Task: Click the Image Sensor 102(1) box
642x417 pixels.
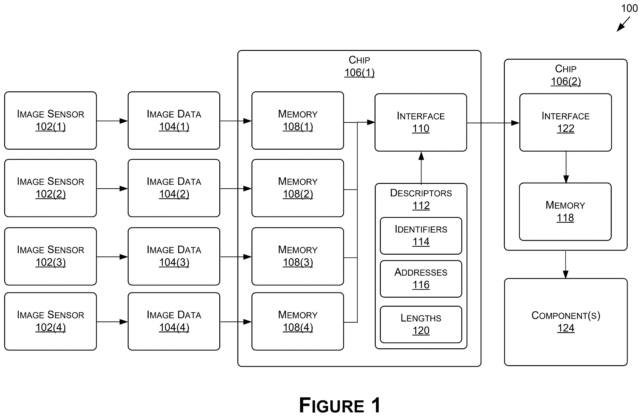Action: click(x=50, y=120)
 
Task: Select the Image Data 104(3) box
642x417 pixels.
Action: click(x=174, y=256)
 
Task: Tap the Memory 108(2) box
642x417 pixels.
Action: click(x=298, y=188)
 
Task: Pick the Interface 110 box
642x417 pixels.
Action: click(x=421, y=122)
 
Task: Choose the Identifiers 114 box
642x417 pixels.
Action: click(x=421, y=236)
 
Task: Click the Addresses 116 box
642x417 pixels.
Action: click(x=421, y=279)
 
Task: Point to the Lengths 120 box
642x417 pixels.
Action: click(x=421, y=324)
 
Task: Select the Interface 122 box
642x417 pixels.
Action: click(x=566, y=122)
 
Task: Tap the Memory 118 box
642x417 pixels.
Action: click(x=565, y=212)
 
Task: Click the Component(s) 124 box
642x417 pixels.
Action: click(x=566, y=322)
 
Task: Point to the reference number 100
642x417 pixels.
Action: click(x=629, y=8)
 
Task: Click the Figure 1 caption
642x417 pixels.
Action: click(x=340, y=405)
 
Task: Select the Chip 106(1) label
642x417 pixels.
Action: click(x=359, y=66)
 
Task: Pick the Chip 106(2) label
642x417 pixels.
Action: click(x=566, y=75)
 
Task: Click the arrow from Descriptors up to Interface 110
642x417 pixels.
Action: click(x=421, y=168)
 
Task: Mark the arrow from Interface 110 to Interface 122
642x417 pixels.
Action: click(x=493, y=123)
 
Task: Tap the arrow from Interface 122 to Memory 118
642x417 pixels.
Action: click(x=566, y=167)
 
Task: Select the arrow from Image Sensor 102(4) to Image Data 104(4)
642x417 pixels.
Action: click(x=112, y=322)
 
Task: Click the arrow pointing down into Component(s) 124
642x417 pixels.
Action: click(x=566, y=264)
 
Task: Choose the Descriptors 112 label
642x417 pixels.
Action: click(x=421, y=199)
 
